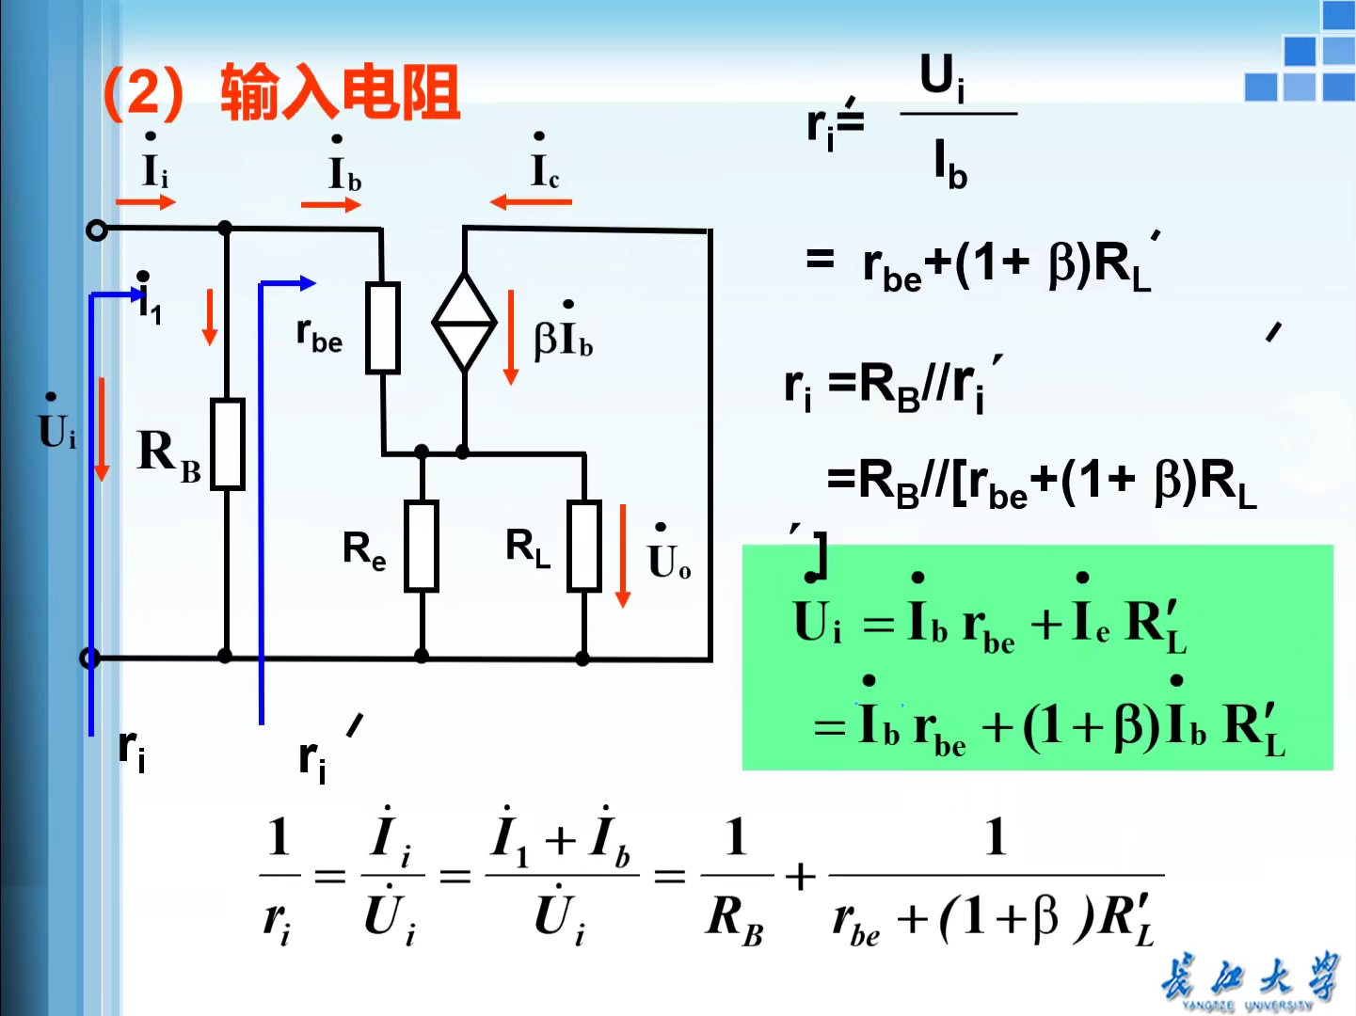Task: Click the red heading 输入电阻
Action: tap(340, 92)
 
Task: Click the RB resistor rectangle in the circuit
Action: tap(227, 444)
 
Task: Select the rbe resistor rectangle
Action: tap(383, 326)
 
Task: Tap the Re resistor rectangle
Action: tap(422, 546)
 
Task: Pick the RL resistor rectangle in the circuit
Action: tap(584, 546)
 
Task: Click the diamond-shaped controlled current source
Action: tap(464, 322)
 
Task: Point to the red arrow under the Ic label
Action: tap(530, 201)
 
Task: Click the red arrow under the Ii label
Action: tap(146, 201)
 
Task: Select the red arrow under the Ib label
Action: tap(330, 204)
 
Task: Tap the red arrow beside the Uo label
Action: tap(622, 555)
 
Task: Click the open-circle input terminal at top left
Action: tap(96, 230)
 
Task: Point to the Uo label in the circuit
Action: tap(669, 557)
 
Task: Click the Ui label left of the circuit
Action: tap(56, 429)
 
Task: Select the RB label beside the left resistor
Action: tap(169, 453)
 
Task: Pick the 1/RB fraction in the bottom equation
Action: tap(735, 877)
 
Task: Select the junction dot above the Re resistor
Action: tap(422, 452)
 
